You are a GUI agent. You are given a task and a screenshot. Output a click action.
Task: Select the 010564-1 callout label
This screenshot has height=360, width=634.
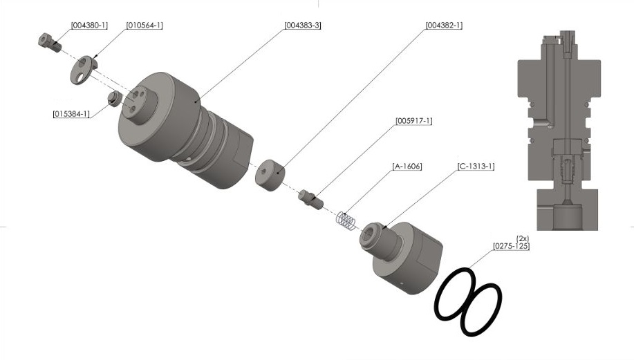[x=144, y=26]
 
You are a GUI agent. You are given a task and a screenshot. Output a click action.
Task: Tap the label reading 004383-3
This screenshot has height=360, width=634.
[x=303, y=26]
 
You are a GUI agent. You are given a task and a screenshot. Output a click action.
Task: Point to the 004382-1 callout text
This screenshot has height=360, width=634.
[x=444, y=26]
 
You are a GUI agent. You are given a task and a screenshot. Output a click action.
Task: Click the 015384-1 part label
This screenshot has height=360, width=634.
[x=71, y=113]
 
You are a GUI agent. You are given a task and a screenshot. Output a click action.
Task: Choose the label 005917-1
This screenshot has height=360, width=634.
[x=414, y=121]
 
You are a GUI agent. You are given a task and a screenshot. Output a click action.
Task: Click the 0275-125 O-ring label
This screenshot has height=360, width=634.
[x=511, y=246]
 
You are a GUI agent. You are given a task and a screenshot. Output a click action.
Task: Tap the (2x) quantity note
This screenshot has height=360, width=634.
[x=523, y=238]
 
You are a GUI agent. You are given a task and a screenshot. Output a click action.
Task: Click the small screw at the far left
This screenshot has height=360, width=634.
[x=47, y=41]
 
